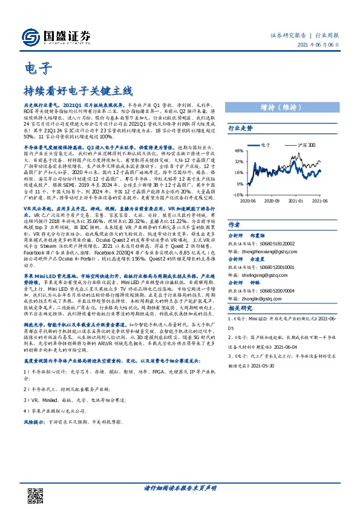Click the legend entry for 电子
pyautogui.click(x=264, y=145)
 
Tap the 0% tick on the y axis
pyautogui.click(x=240, y=183)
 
